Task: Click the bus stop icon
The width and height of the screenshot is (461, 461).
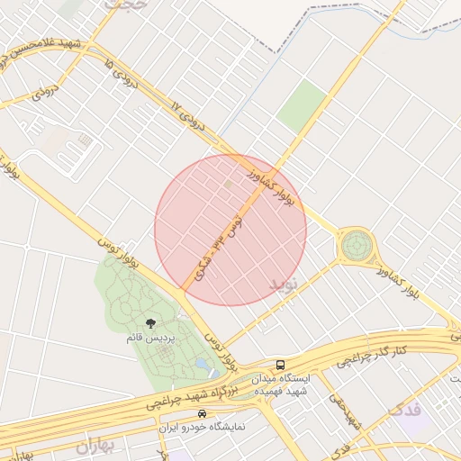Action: (x=281, y=365)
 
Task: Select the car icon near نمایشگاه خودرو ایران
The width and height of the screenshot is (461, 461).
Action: (x=201, y=413)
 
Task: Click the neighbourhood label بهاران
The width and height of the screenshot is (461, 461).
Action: (x=93, y=446)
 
